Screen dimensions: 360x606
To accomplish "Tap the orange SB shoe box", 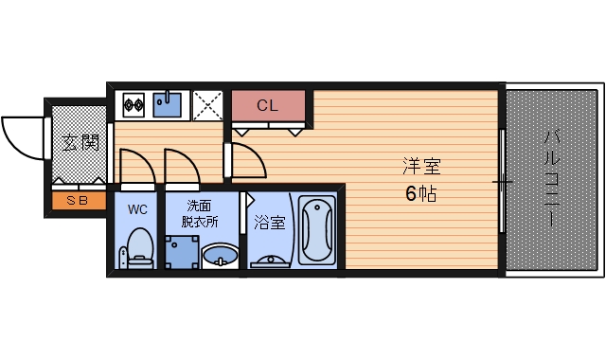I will pos(78,201).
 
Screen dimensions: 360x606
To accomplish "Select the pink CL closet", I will pos(268,106).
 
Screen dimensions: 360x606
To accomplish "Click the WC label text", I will pos(138,209).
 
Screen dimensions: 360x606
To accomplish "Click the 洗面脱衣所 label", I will pos(200,214).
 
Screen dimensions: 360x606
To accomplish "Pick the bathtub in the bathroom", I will pos(316,231).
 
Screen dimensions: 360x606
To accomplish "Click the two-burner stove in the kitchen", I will pos(132,103).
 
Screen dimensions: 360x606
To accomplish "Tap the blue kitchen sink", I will pos(169,103).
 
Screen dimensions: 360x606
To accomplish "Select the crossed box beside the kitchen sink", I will pos(206,103).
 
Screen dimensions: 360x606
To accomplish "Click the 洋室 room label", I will pos(421,168).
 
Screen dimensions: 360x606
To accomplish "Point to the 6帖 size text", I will pos(421,195).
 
